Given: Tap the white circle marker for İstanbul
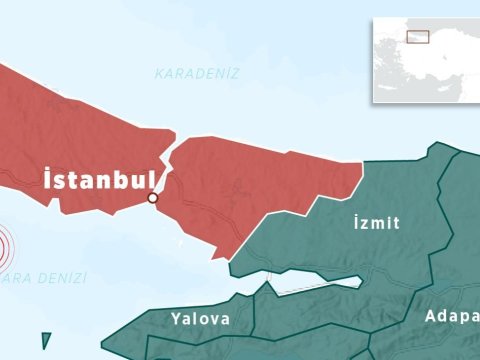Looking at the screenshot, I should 153,198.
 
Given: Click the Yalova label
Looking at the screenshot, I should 200,319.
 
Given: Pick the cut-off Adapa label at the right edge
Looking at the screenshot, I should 451,316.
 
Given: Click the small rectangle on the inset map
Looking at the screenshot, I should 417,36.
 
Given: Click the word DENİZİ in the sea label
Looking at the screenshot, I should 60,277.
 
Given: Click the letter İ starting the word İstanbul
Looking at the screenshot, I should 48,180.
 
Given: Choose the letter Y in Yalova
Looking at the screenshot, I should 175,319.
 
